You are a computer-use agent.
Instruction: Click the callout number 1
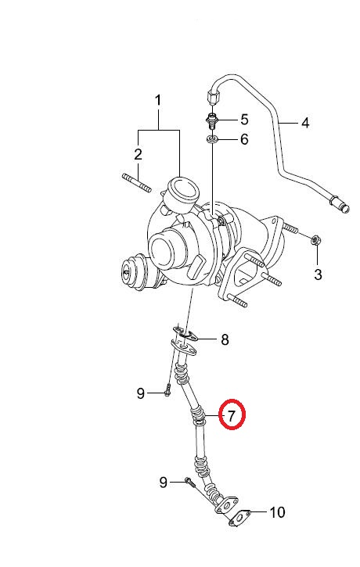158,101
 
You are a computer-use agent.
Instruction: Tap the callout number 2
138,154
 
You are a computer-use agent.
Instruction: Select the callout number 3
318,275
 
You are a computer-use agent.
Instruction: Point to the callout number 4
306,123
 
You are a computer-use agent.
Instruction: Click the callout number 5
245,120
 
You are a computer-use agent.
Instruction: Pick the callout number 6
245,139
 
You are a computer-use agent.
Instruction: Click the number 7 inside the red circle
232,415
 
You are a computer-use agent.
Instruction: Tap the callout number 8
225,339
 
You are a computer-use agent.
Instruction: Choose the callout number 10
278,512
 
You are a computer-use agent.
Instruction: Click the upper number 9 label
141,393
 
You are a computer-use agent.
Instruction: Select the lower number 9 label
164,482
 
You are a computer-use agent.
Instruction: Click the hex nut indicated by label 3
316,240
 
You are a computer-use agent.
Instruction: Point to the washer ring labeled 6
211,139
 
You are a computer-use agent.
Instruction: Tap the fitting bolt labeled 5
211,120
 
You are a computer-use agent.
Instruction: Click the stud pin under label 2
136,182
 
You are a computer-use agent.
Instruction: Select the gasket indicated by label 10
239,518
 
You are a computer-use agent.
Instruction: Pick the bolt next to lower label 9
189,482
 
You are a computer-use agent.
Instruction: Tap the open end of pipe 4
346,209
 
